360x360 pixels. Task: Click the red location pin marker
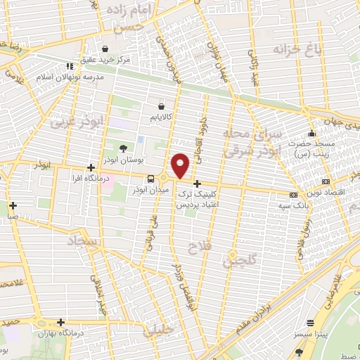[181, 165]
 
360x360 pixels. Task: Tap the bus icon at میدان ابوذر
[152, 179]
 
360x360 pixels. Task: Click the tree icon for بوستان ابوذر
[124, 148]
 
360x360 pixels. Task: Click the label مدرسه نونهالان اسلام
[75, 76]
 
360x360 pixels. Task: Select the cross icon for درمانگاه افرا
[91, 167]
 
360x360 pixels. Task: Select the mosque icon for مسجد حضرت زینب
[311, 134]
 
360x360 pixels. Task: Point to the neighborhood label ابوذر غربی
[76, 122]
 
